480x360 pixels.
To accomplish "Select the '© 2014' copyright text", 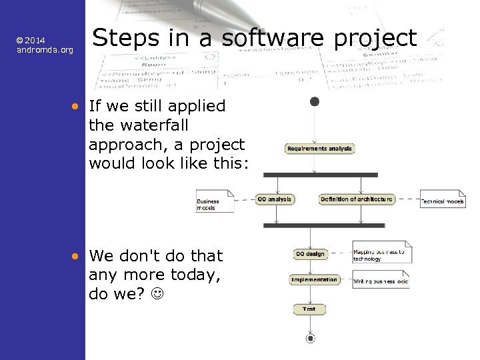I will point(31,41).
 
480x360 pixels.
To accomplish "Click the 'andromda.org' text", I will point(45,51).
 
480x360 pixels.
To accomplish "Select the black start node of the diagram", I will point(314,101).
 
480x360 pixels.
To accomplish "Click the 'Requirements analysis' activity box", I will point(320,149).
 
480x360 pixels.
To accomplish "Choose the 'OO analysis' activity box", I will point(275,199).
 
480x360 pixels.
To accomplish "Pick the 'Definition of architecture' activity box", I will point(357,199).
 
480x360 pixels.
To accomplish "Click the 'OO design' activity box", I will point(310,253).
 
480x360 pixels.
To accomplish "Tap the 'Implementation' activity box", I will point(314,280).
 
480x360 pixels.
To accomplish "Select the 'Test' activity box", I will point(309,309).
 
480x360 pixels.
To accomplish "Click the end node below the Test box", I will point(310,339).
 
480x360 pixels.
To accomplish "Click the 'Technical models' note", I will point(443,200).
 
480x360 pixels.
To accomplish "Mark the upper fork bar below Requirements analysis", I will point(321,175).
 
